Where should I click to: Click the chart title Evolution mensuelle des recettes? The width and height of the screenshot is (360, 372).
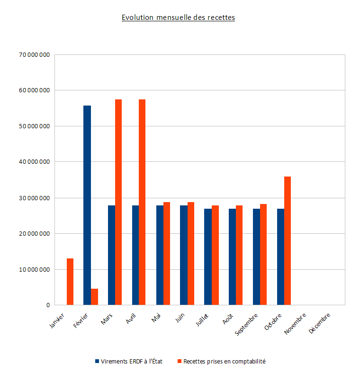[x=178, y=18]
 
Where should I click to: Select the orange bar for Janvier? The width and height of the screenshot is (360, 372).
[x=70, y=282]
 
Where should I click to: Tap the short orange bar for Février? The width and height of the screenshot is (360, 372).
[x=94, y=297]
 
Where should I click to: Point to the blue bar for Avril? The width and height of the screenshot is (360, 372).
[x=135, y=255]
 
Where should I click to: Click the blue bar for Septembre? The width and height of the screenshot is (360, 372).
[x=256, y=257]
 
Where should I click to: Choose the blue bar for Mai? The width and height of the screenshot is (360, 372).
[x=160, y=255]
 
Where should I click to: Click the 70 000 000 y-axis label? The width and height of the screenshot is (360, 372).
[x=34, y=54]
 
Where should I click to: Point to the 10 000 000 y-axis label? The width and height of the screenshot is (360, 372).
[x=34, y=270]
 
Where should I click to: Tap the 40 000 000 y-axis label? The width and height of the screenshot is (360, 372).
[x=34, y=162]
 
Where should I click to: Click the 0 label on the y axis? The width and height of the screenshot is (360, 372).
[x=48, y=305]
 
